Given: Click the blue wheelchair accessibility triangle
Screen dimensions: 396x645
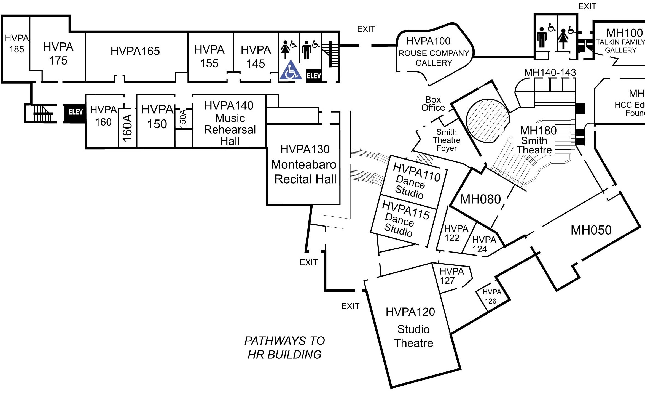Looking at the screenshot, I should tap(291, 70).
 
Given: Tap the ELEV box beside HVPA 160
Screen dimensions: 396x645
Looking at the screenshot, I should tap(76, 112).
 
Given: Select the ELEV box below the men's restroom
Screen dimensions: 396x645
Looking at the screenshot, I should tap(314, 76).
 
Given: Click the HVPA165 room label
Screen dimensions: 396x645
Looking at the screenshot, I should tap(135, 51).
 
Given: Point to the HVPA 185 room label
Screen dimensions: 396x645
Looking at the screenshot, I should tap(17, 44).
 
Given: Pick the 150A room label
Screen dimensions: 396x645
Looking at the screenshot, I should tap(183, 119).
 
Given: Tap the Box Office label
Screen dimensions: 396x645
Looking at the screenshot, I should tap(433, 103).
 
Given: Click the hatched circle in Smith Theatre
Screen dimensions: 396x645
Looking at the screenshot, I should tap(488, 121).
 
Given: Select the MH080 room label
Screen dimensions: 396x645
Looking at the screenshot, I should tap(480, 199).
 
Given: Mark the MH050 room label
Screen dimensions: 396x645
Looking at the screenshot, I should tap(591, 230).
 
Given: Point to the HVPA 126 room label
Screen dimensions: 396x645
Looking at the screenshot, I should tap(491, 296).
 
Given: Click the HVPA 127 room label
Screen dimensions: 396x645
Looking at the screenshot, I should tap(452, 276).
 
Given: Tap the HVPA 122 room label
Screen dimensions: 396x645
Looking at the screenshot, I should tap(456, 233).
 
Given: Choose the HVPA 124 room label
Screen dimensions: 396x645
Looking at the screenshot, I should tap(484, 244).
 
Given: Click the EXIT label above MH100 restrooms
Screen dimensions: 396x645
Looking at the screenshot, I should tap(587, 6).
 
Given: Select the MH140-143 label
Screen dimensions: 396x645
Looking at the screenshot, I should tap(550, 73).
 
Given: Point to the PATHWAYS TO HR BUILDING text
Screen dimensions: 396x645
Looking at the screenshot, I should tap(284, 348).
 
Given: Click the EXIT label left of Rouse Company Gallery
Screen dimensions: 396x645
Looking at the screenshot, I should tap(366, 29).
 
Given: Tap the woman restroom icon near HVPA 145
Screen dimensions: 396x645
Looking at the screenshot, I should tap(285, 49).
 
